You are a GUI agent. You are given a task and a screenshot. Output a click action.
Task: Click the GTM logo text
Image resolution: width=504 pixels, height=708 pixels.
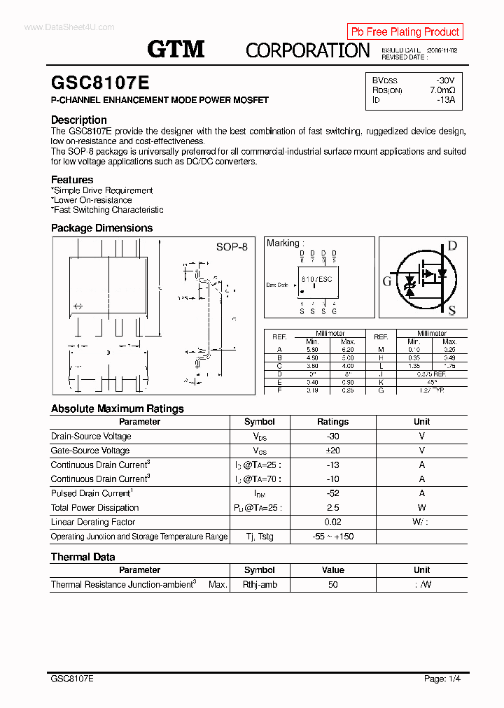(x=176, y=49)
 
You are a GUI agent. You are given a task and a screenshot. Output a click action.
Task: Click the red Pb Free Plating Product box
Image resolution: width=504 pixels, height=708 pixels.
(x=405, y=31)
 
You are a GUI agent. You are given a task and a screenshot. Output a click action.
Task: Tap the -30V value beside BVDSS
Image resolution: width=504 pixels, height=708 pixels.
(x=444, y=80)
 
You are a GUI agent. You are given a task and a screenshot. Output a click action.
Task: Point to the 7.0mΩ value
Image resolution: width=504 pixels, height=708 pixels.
(x=442, y=90)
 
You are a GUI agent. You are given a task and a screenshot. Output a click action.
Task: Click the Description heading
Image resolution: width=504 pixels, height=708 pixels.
(x=79, y=120)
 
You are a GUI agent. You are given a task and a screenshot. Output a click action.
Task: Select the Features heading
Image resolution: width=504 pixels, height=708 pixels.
(x=72, y=180)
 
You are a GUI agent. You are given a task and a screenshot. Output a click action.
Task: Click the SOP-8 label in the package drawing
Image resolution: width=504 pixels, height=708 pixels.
(x=231, y=247)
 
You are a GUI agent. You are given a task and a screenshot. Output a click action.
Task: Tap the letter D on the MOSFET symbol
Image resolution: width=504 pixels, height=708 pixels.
(x=452, y=246)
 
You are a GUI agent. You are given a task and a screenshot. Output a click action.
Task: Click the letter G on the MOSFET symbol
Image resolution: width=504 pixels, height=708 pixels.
(x=387, y=281)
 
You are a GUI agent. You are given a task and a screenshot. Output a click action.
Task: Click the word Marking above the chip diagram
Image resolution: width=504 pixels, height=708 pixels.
(x=283, y=243)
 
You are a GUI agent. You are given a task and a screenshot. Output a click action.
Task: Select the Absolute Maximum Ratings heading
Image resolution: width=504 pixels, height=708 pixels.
(x=118, y=409)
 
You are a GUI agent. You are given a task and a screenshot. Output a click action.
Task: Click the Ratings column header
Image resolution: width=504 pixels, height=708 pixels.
(x=332, y=422)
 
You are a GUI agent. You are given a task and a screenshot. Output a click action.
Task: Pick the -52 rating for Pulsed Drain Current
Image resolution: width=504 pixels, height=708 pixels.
(x=332, y=493)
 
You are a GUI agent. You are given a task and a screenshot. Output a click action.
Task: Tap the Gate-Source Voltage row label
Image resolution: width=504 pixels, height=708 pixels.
(x=90, y=451)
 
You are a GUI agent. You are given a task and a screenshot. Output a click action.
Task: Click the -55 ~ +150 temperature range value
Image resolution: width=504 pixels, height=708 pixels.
(x=332, y=537)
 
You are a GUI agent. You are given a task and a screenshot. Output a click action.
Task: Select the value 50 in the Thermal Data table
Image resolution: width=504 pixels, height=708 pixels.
(x=332, y=584)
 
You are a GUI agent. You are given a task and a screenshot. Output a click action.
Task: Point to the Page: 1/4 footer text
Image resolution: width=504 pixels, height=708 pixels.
(x=442, y=679)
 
